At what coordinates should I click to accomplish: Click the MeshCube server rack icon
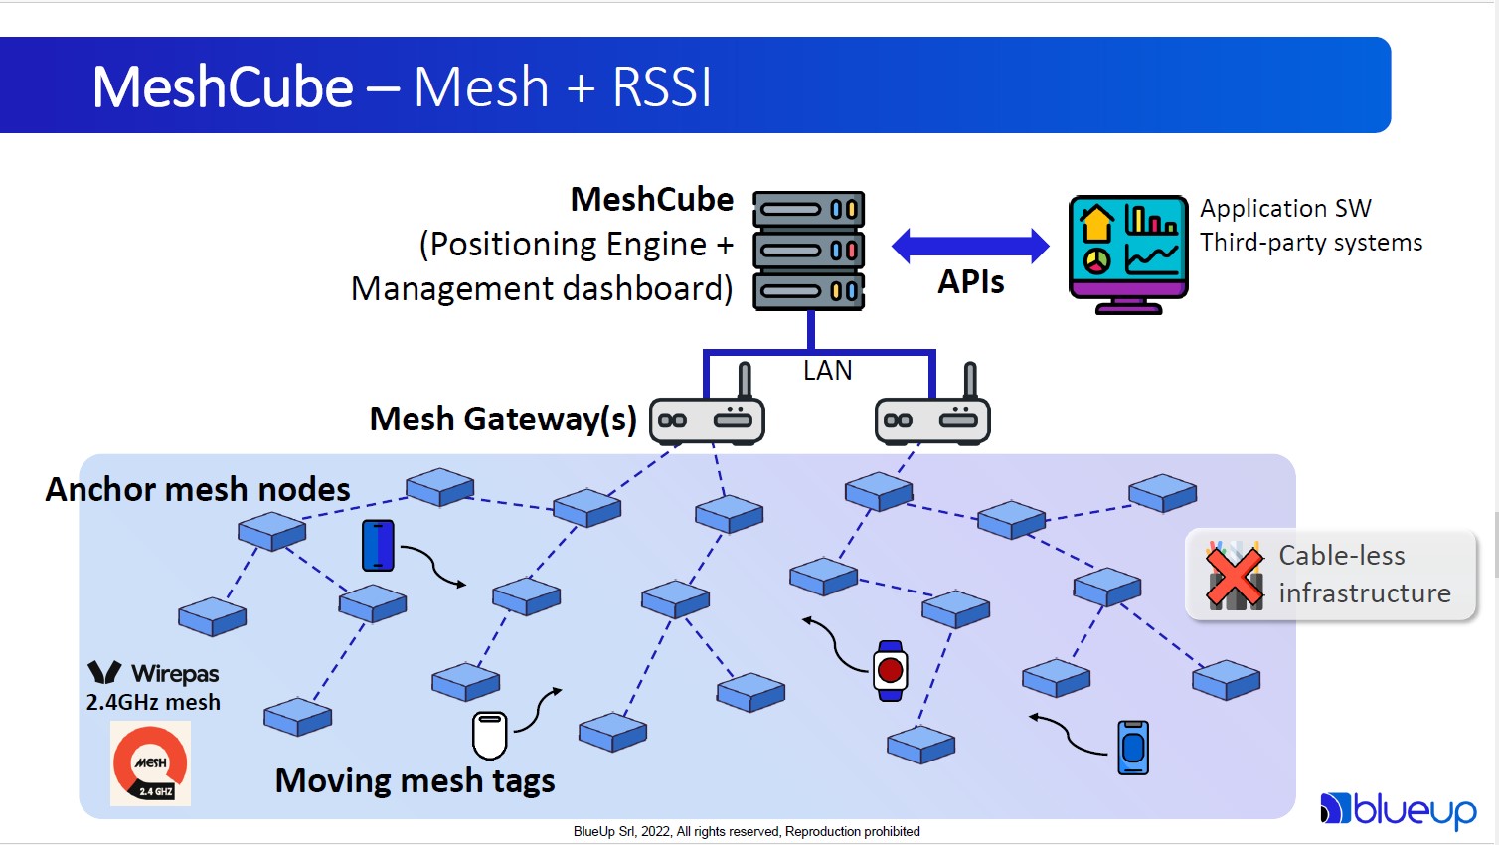coord(808,251)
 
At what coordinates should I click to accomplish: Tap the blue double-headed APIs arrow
coord(970,246)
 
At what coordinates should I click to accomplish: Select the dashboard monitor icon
coord(1128,253)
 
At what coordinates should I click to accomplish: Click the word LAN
coord(827,371)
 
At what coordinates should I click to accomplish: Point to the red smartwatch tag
coord(890,671)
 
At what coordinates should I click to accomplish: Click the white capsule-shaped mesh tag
coord(489,735)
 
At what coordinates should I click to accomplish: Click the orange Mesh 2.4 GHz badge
coord(150,763)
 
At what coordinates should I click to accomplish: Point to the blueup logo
coord(1399,810)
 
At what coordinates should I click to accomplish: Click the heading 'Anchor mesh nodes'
coord(198,489)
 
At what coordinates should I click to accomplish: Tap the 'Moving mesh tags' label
coord(415,780)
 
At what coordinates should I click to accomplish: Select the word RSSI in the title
coord(662,87)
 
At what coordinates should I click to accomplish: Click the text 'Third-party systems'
coord(1310,243)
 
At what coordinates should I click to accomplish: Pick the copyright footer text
coord(747,831)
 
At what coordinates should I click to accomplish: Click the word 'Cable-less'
coord(1341,555)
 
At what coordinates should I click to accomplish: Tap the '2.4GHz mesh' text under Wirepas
coord(153,702)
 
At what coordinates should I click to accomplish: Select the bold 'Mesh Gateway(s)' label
coord(503,419)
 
